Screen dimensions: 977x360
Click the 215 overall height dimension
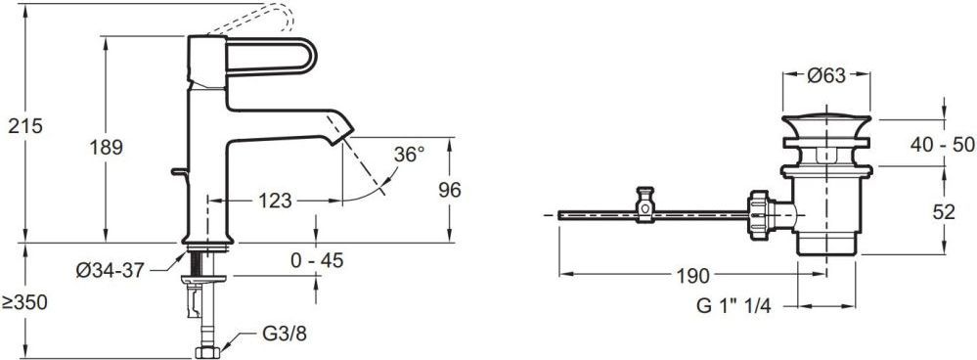coord(25,126)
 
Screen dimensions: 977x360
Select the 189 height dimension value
coord(106,149)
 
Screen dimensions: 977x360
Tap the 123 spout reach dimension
coord(275,201)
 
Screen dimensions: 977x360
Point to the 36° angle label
coord(409,155)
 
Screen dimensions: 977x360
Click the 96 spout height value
coord(449,190)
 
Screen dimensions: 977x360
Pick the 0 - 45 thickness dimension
coord(317,260)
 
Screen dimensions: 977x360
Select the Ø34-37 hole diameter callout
coord(111,270)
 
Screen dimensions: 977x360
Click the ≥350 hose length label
coord(24,302)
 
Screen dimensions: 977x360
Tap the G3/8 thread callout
coord(285,334)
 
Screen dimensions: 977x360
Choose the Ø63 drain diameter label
coord(826,76)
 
